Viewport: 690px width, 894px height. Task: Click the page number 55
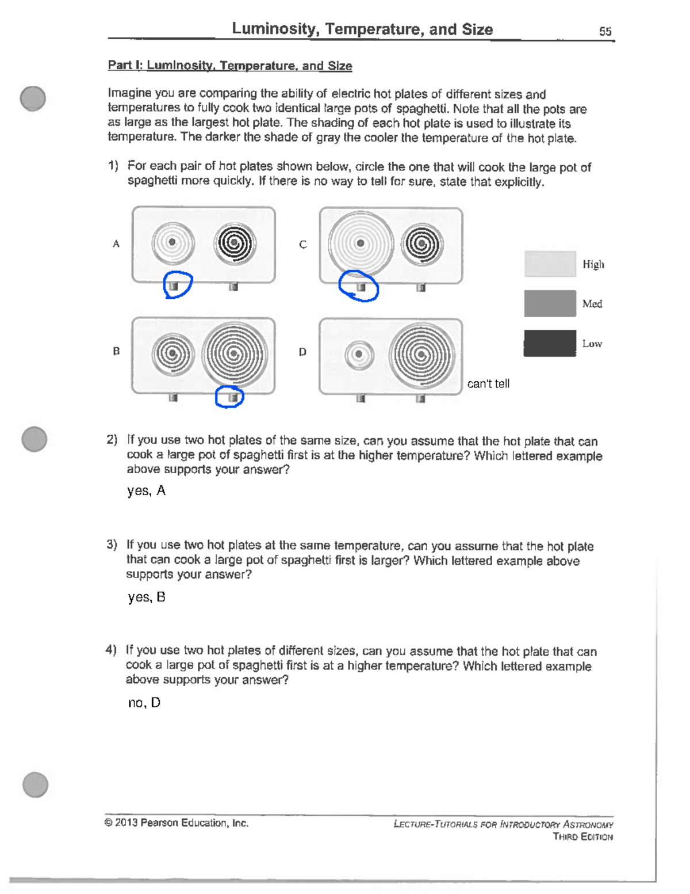tap(605, 32)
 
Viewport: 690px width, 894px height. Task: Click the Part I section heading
tap(229, 66)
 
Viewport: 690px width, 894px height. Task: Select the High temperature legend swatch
tap(550, 264)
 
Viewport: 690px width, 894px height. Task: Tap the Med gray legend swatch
tap(550, 303)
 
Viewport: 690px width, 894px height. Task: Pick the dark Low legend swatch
tap(550, 343)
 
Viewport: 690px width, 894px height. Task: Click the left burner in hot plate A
tap(172, 243)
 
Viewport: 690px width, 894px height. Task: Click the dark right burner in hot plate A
tap(234, 244)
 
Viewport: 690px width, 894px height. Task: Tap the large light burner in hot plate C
tap(361, 244)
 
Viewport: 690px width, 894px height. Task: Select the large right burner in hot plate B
tap(234, 353)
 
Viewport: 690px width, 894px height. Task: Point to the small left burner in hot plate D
tap(359, 354)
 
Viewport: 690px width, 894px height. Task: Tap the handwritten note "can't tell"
tap(488, 384)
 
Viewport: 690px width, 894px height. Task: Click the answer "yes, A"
tap(146, 491)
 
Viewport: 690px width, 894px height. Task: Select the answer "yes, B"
tap(146, 598)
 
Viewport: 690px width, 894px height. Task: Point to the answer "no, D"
tap(144, 703)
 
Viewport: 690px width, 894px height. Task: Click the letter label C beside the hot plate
tap(302, 245)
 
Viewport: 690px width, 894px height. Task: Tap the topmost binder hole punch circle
tap(33, 98)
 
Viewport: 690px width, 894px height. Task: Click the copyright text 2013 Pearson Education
tap(177, 823)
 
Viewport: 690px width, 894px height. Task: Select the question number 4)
tap(111, 650)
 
